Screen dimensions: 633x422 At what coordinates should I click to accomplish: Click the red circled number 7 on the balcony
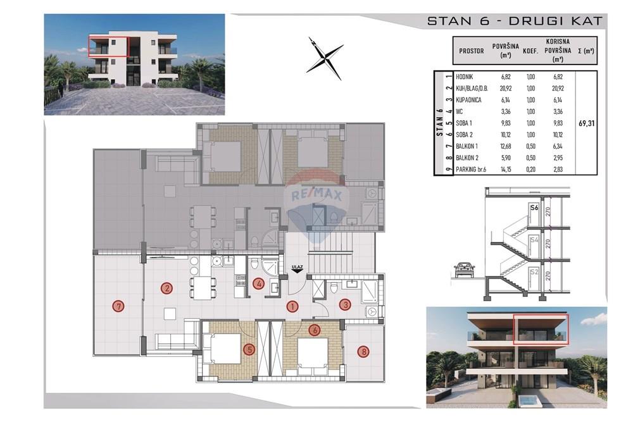118,307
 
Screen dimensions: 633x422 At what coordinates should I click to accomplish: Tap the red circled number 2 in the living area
166,288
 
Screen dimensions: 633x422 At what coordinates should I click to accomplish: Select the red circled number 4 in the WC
258,283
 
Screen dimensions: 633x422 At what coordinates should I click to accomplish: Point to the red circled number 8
364,351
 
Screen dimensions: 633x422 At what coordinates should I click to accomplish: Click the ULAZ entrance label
298,266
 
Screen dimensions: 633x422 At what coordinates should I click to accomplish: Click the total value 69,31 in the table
587,123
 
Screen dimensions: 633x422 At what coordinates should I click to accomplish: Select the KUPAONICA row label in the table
468,100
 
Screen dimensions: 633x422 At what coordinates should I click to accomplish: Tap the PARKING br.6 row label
471,170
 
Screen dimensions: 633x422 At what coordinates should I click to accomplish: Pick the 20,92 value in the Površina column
505,89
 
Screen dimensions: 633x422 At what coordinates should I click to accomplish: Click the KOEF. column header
530,52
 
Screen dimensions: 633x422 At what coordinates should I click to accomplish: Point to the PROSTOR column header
471,51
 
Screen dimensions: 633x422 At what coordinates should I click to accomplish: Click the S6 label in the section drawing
534,208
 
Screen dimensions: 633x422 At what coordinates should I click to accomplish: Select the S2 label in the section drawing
534,272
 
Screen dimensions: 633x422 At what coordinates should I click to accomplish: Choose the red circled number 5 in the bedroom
250,349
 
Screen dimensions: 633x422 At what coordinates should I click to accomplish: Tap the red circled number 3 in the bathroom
345,304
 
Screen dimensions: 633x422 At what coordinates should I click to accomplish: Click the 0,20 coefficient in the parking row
531,170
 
